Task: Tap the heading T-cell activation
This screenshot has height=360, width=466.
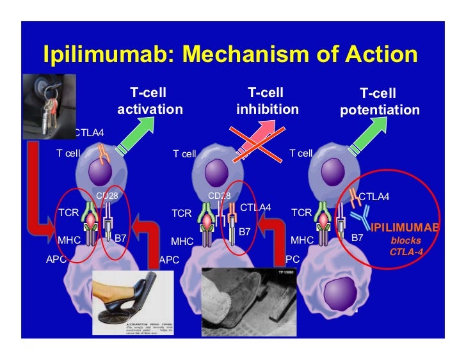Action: point(149,101)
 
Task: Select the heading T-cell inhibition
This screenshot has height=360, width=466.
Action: point(267,101)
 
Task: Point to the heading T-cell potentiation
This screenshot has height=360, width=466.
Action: point(379,102)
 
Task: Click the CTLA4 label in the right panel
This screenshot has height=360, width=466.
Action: point(374,196)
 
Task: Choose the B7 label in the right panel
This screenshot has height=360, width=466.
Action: point(357,238)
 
